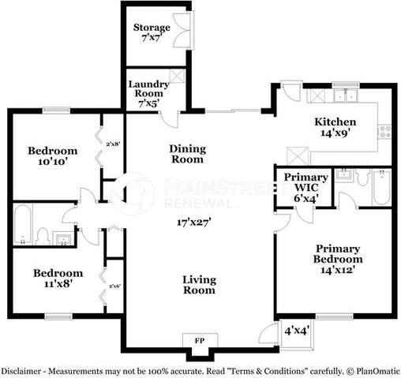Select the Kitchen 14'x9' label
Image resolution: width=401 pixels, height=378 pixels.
click(x=335, y=128)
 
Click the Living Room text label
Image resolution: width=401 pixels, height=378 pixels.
click(x=199, y=285)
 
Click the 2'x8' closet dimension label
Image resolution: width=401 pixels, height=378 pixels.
click(x=114, y=144)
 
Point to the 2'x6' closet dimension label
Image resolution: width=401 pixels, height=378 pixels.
click(x=114, y=286)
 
